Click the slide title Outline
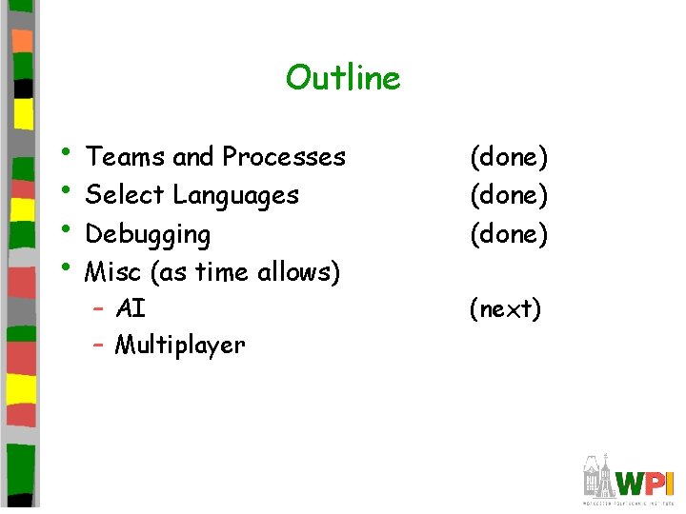pos(343,77)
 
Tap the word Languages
pos(235,196)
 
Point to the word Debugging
pos(148,234)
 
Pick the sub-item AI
pos(130,308)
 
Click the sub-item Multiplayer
pos(179,345)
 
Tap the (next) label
pos(505,308)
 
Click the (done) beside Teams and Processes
pos(509,156)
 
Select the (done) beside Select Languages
pos(509,195)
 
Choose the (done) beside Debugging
pos(509,233)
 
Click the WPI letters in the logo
pos(644,482)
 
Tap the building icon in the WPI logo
pos(599,476)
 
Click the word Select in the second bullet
pos(125,195)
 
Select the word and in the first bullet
pos(193,156)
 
